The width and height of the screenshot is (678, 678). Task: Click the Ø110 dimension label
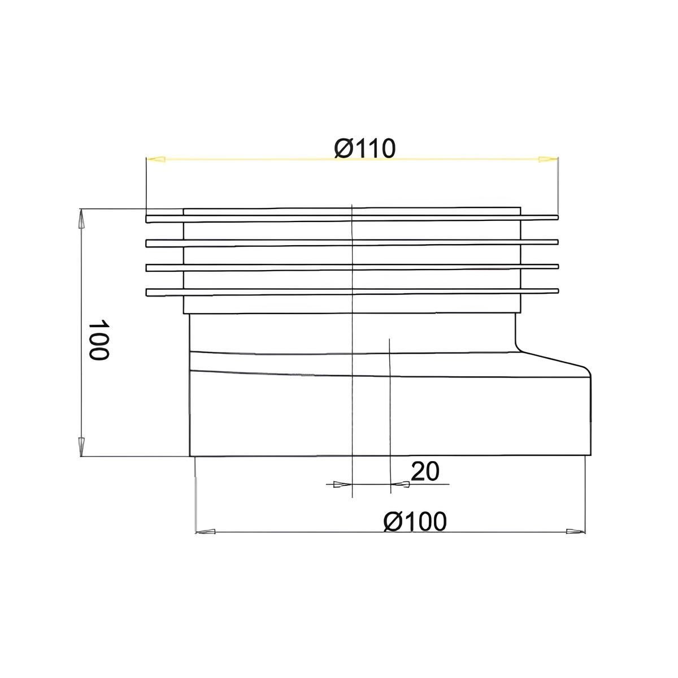pyautogui.click(x=365, y=149)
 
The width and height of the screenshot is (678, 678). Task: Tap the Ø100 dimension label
pyautogui.click(x=415, y=521)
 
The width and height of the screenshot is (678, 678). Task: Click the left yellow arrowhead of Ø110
pyautogui.click(x=156, y=159)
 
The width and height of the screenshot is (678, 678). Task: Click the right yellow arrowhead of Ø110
pyautogui.click(x=549, y=159)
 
